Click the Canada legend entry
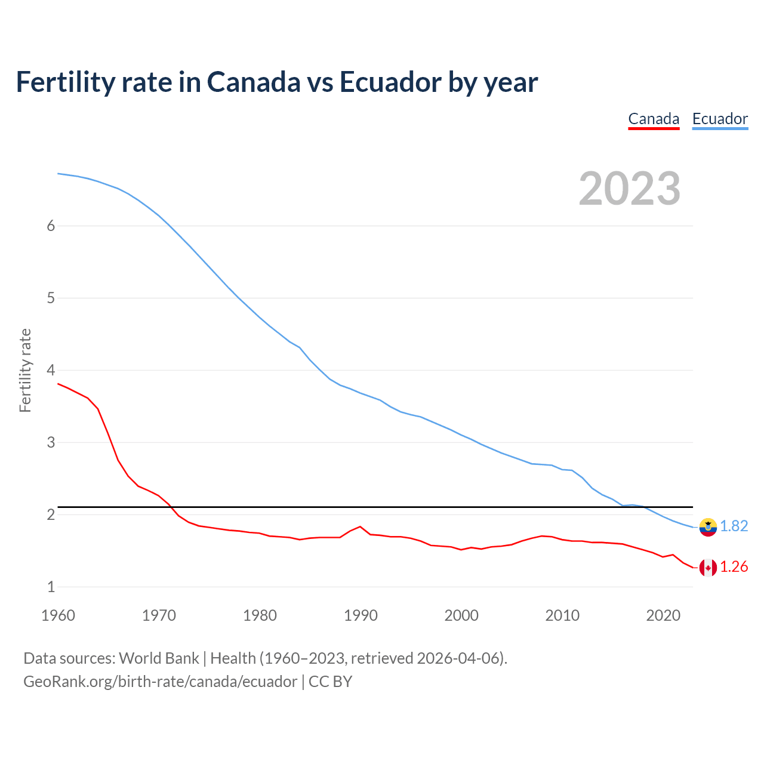click(x=654, y=119)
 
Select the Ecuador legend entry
click(x=720, y=119)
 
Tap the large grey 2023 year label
click(x=630, y=189)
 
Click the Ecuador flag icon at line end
click(x=708, y=526)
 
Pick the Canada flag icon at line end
click(x=708, y=567)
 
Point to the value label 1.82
click(x=734, y=526)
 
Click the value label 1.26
click(x=734, y=566)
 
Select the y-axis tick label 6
click(x=51, y=226)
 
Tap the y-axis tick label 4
click(x=51, y=370)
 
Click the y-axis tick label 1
click(x=51, y=587)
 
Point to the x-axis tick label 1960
click(x=58, y=615)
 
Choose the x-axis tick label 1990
click(x=361, y=615)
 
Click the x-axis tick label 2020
click(x=663, y=615)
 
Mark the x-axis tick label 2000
click(x=461, y=615)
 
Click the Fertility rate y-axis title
click(x=25, y=370)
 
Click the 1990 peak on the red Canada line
click(x=360, y=526)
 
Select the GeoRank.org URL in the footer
click(x=160, y=681)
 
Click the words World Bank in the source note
click(x=159, y=658)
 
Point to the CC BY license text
click(x=330, y=681)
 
